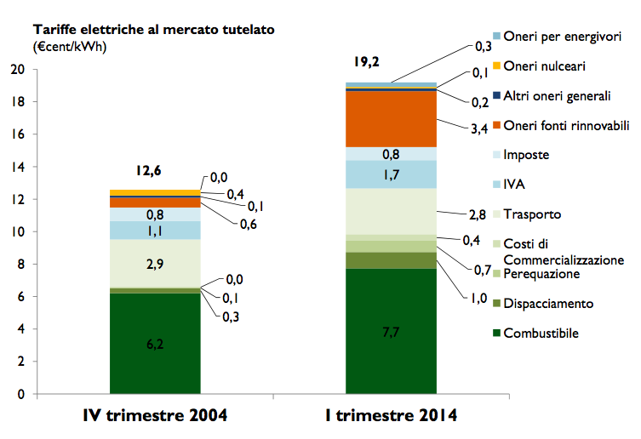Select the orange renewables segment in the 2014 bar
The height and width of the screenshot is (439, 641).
point(391,118)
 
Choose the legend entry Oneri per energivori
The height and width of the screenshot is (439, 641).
point(562,37)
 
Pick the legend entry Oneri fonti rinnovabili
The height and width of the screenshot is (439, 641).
point(566,126)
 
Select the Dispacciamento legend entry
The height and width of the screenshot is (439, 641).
point(548,304)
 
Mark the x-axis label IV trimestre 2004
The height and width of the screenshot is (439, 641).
point(156,416)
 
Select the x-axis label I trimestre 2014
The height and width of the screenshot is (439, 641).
point(391,416)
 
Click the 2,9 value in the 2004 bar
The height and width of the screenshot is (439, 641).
point(155,264)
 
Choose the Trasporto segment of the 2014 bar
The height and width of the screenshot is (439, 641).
point(391,211)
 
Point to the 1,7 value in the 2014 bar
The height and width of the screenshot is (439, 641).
point(391,174)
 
